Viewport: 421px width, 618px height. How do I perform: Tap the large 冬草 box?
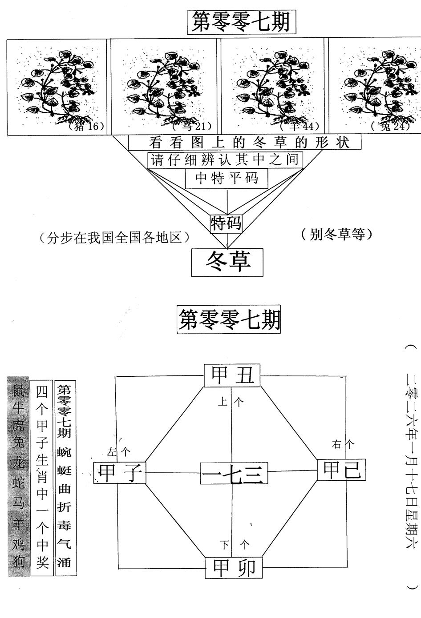(x=228, y=262)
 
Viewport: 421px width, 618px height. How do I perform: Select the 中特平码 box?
(x=227, y=179)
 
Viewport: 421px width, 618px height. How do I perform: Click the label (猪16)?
(x=87, y=127)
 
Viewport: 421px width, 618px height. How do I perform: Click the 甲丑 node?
(x=232, y=376)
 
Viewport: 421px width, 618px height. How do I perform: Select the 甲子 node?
(x=120, y=473)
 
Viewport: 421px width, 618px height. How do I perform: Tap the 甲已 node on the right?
(x=341, y=470)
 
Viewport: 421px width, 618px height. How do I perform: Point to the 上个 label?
(x=231, y=402)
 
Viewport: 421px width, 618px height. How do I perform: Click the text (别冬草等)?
(x=336, y=234)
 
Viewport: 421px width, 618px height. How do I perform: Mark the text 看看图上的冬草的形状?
(x=244, y=143)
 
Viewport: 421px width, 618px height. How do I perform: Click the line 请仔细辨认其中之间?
(x=225, y=160)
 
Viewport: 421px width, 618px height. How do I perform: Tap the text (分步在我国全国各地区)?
(x=114, y=238)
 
